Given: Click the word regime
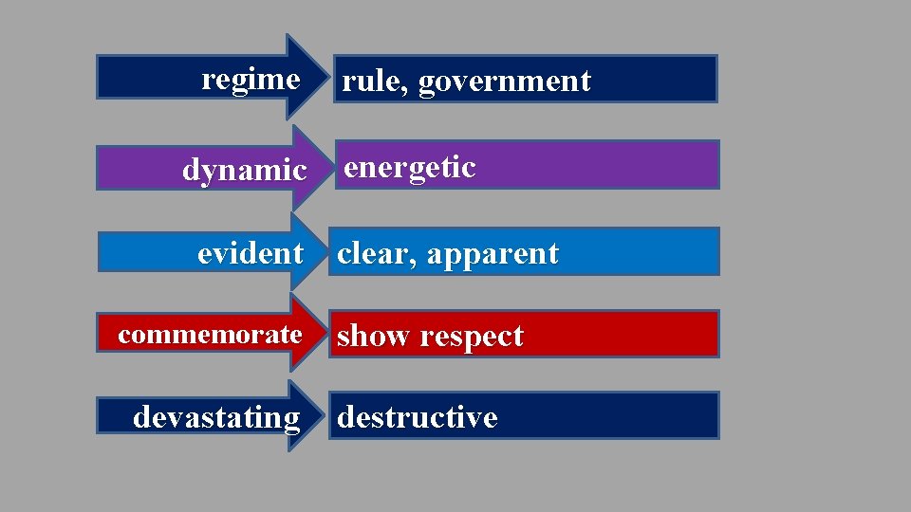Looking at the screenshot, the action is point(251,80).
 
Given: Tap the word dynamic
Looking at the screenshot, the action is point(245,171).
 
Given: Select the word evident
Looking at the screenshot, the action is point(251,253).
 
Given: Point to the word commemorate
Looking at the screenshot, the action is point(210,334).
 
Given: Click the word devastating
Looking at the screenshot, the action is point(216,417).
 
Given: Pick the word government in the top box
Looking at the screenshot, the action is point(505,82).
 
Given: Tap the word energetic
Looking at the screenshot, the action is point(410,168).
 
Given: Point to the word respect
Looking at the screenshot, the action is point(472,337).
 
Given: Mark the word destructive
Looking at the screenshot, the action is point(418,417).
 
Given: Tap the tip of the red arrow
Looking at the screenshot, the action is point(328,333).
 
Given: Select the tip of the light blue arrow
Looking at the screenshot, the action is point(328,251).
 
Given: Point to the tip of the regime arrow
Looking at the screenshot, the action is point(328,77).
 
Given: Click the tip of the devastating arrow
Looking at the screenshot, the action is point(328,415).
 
